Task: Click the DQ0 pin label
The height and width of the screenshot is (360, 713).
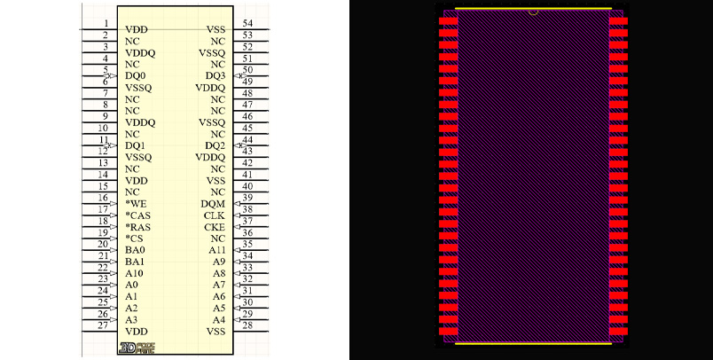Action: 136,76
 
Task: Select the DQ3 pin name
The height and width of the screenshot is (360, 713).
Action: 215,76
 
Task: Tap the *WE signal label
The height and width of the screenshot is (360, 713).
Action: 136,204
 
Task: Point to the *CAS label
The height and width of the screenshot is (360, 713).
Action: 137,215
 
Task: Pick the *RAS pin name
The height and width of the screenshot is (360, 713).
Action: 137,227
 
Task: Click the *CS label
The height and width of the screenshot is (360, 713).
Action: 134,239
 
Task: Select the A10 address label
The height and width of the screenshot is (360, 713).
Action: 134,273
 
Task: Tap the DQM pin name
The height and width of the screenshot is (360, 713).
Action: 213,204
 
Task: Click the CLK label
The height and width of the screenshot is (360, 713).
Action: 215,215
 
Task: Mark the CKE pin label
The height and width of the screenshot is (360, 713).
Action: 215,227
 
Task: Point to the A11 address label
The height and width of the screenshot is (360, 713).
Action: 217,250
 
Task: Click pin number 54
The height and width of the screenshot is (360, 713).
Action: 247,23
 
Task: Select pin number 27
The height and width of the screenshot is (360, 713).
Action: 103,325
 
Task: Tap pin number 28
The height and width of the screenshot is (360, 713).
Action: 247,325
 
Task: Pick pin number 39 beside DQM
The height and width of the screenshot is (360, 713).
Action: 247,197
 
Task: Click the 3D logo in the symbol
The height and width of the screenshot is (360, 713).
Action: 137,348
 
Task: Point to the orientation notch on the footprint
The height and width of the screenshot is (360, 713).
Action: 533,12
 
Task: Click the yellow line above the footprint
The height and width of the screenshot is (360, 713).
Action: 533,8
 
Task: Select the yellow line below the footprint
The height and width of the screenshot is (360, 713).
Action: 533,344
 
